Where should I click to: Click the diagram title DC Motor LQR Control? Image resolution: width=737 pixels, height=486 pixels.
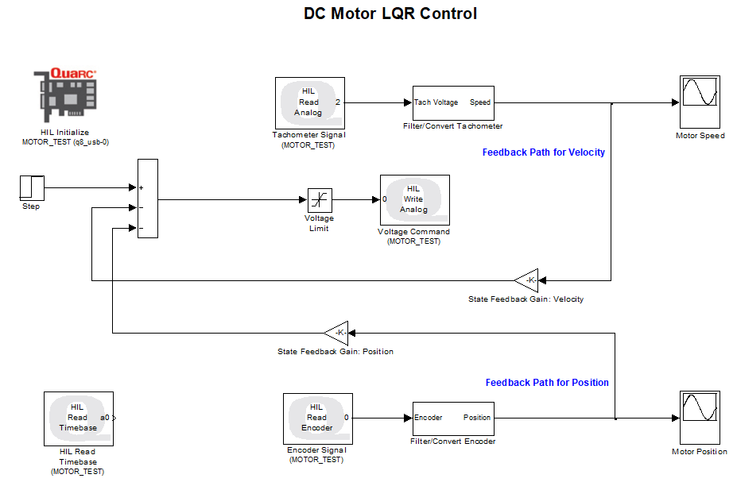click(390, 14)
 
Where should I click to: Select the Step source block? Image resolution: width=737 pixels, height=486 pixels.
click(32, 188)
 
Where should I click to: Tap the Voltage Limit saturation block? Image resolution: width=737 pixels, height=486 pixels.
click(320, 200)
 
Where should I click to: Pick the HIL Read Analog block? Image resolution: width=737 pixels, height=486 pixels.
click(309, 102)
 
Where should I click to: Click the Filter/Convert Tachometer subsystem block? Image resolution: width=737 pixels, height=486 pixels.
click(453, 102)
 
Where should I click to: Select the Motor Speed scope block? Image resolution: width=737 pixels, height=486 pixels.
click(700, 102)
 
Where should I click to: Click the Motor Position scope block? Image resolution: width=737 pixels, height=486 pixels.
click(700, 418)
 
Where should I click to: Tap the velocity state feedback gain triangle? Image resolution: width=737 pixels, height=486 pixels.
click(527, 280)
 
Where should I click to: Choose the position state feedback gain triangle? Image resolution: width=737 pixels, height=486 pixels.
click(336, 332)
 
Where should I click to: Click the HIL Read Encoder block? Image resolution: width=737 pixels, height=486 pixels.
click(318, 418)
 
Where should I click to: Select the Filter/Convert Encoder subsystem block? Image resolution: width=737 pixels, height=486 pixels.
click(453, 418)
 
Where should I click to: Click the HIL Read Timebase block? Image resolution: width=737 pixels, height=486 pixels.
click(78, 418)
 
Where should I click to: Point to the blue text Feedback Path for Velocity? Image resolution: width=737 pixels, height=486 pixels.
click(543, 152)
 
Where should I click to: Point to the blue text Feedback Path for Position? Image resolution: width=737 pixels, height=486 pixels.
click(547, 383)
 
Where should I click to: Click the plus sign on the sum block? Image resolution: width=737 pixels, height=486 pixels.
click(142, 188)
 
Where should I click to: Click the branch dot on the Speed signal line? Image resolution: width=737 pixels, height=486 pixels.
click(611, 103)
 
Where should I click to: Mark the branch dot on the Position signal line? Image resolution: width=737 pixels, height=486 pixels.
click(615, 418)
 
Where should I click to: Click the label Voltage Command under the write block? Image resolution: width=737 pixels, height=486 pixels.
click(413, 232)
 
